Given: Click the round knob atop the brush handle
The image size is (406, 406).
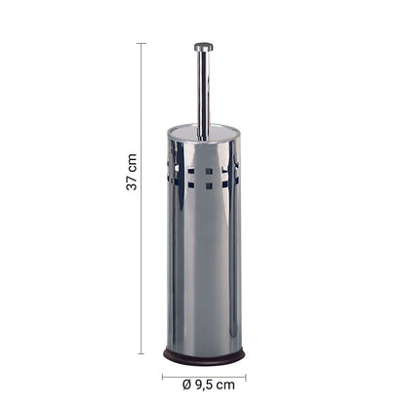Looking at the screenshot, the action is (x=204, y=47).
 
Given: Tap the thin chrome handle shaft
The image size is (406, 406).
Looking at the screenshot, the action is (x=204, y=95).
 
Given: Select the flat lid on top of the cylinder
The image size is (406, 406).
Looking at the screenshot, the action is (x=204, y=132).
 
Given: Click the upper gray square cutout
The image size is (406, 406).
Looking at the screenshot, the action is (x=209, y=171).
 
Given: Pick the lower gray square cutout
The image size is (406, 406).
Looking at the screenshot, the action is (x=209, y=185).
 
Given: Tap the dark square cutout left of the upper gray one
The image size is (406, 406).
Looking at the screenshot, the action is (x=191, y=171).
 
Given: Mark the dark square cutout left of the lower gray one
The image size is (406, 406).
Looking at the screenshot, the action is (x=191, y=185).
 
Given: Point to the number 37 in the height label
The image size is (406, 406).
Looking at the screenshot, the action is (x=132, y=183).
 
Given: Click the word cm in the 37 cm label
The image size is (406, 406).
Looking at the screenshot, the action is (x=132, y=163).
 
